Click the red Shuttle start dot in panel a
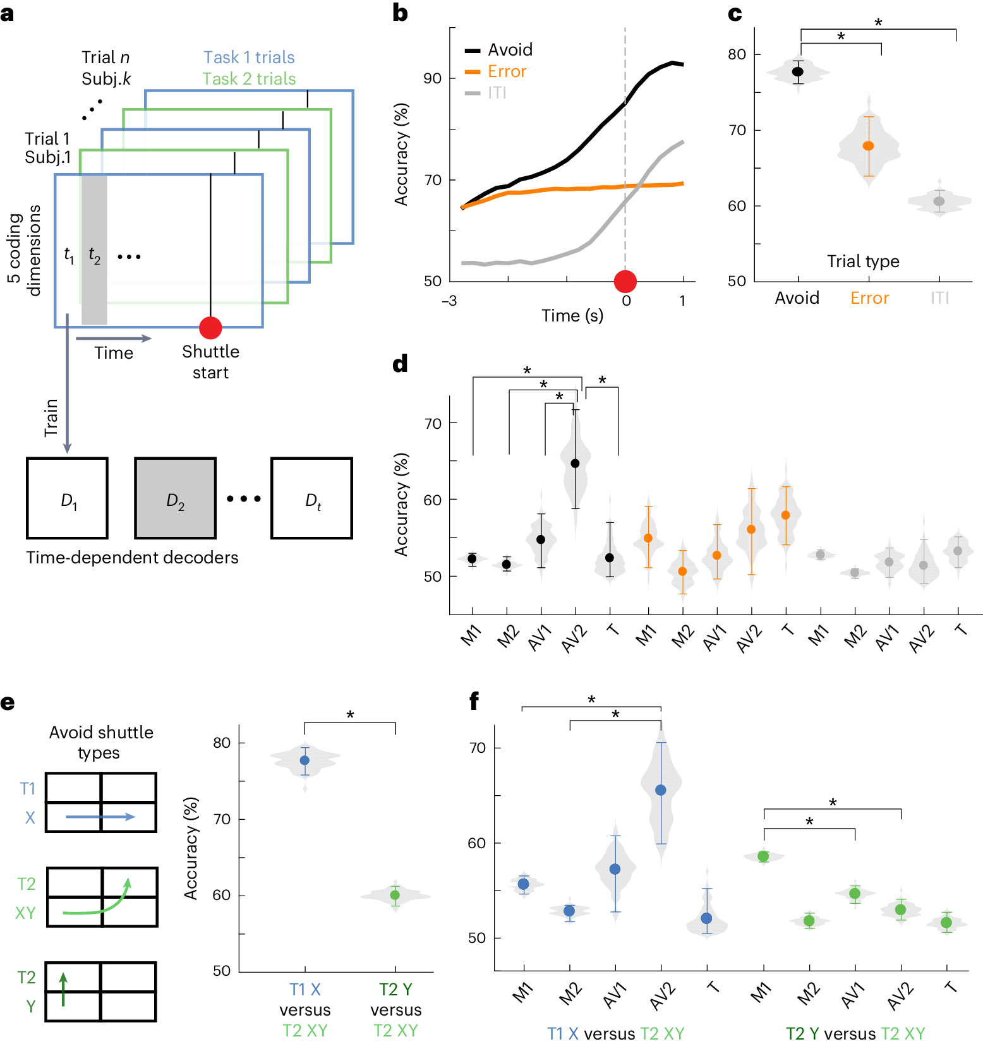pos(210,328)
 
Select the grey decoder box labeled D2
pos(175,498)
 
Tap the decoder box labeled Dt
pos(312,498)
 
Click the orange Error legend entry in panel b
pos(507,71)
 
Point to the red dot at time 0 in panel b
pos(625,282)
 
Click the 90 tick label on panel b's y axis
pos(433,78)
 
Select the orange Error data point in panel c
pos(869,146)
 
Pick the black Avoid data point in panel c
pos(798,72)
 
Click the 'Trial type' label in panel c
pos(863,261)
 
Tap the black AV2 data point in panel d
pos(576,464)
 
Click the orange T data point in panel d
pos(786,515)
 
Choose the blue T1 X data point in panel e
pos(305,760)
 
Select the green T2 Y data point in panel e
pos(395,895)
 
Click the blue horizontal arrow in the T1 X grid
pos(100,817)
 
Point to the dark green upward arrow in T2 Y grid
pos(63,989)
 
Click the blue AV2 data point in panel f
pos(661,790)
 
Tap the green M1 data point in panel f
pos(764,856)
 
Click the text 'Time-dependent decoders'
pos(132,558)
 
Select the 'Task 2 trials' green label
pos(249,79)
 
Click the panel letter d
pos(400,364)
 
